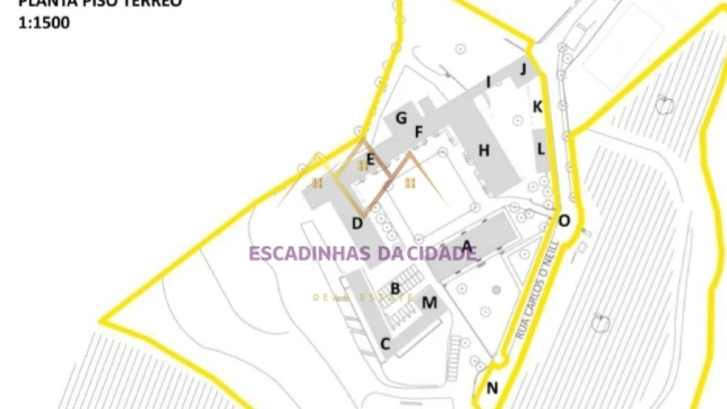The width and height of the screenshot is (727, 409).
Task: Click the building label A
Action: coord(466,246)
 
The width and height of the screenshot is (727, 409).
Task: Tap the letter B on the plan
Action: coord(395,288)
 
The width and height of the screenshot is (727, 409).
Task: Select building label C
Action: coord(385,344)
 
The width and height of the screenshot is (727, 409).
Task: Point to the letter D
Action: coord(357,223)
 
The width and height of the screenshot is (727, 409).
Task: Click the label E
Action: coord(370,159)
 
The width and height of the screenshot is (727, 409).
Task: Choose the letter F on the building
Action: coord(418,132)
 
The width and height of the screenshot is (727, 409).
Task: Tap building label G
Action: coord(401,119)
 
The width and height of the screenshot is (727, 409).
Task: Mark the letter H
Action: coord(484,150)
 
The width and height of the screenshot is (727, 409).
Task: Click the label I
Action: coord(488,82)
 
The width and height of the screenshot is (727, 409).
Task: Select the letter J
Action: coord(523,69)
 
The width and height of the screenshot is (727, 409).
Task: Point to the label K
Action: coord(537,106)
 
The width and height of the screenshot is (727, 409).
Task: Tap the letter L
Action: coord(540,149)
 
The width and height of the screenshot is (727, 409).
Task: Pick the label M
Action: coord(430,303)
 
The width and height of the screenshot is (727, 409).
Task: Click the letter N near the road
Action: coord(492,388)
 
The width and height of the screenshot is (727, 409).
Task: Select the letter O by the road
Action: coord(564,220)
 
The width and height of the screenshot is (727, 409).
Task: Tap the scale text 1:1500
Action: coord(44,23)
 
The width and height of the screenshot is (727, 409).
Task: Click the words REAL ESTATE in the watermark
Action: coord(363,297)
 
